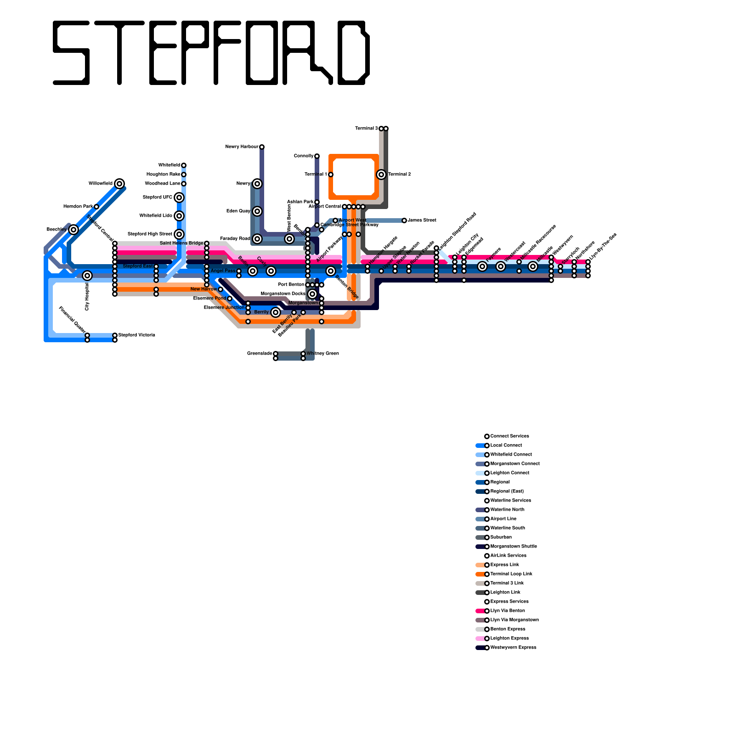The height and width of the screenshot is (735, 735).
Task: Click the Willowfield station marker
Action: pos(119,184)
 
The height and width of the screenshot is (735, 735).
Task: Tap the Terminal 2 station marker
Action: pos(381,175)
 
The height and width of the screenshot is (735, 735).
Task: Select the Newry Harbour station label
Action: pos(242,147)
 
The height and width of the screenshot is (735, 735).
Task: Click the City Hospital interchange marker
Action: pos(87,276)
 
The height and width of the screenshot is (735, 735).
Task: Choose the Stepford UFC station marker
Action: pos(179,198)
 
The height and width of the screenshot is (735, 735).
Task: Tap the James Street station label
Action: pos(422,220)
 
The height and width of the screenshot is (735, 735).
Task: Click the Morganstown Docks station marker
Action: pos(312,294)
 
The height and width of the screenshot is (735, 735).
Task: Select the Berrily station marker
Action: pos(276,312)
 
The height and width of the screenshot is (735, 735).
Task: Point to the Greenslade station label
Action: pos(260,354)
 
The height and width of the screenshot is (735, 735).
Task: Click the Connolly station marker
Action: pos(317,156)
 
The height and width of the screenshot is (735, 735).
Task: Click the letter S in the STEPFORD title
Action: pos(71,53)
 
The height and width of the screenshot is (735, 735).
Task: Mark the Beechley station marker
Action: pos(73,230)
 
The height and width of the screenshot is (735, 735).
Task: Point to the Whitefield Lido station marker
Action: pos(179,216)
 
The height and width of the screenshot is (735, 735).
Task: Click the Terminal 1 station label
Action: pos(316,175)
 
